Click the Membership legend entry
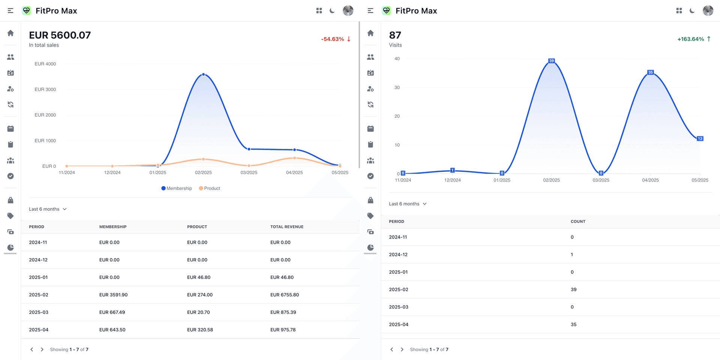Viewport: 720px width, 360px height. click(x=177, y=188)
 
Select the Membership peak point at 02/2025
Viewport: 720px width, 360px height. click(x=204, y=74)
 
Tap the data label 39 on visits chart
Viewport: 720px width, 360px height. click(x=551, y=61)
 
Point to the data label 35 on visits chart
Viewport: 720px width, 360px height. click(x=650, y=72)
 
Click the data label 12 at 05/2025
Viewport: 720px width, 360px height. click(x=700, y=139)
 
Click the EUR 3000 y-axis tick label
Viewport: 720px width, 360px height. click(x=45, y=89)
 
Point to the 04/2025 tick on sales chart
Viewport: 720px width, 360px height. click(x=294, y=172)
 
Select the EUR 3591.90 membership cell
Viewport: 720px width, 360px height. click(x=113, y=295)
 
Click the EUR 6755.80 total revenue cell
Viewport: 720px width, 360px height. click(x=284, y=295)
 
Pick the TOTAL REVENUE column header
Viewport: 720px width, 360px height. click(x=286, y=227)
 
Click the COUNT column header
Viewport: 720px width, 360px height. click(x=578, y=222)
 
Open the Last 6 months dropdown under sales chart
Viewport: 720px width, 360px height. click(x=48, y=209)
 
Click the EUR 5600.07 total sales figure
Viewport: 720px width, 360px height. click(x=60, y=35)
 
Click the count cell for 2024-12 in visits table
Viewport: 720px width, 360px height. click(x=572, y=255)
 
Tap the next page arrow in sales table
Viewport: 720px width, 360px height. click(x=42, y=349)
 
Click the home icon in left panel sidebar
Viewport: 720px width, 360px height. click(x=10, y=33)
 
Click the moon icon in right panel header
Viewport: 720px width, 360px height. click(x=692, y=11)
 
